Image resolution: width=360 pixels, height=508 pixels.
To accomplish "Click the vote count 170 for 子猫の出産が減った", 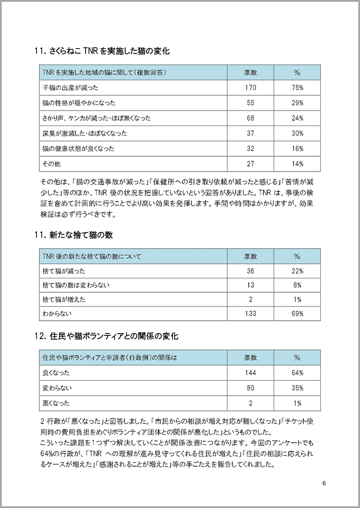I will [250, 88].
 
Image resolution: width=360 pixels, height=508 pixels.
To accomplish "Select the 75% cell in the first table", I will [297, 88].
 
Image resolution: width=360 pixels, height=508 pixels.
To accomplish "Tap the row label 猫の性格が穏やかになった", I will [79, 103].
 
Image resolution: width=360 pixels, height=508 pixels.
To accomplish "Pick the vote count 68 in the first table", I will [250, 118].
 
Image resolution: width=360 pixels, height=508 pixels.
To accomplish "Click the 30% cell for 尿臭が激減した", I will [297, 133].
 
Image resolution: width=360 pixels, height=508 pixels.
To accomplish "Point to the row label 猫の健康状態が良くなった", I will [78, 149].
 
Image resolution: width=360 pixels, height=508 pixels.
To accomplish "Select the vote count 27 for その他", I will [250, 164].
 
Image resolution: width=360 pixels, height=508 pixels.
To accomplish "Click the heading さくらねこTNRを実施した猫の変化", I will [102, 51].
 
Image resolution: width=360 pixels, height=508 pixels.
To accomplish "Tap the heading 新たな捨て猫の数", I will [74, 235].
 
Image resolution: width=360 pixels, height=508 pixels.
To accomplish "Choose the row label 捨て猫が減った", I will [64, 271].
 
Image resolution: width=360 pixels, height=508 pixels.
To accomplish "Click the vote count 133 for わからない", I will [250, 314].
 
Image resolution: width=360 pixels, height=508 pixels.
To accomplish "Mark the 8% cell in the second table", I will [297, 285].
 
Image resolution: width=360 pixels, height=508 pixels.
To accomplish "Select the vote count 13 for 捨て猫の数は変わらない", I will [250, 285].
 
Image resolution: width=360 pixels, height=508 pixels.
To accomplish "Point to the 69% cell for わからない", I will [297, 314].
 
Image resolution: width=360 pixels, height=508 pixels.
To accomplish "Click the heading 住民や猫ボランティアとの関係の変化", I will [107, 336].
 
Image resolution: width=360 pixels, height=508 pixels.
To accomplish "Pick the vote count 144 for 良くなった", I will [250, 373].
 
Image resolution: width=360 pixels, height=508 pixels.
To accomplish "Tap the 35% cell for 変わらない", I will [297, 388].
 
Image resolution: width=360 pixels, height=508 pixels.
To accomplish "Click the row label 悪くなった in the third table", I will [56, 403].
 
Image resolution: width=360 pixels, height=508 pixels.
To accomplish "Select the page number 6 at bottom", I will [324, 483].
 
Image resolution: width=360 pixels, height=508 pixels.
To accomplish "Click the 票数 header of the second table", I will [250, 256].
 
